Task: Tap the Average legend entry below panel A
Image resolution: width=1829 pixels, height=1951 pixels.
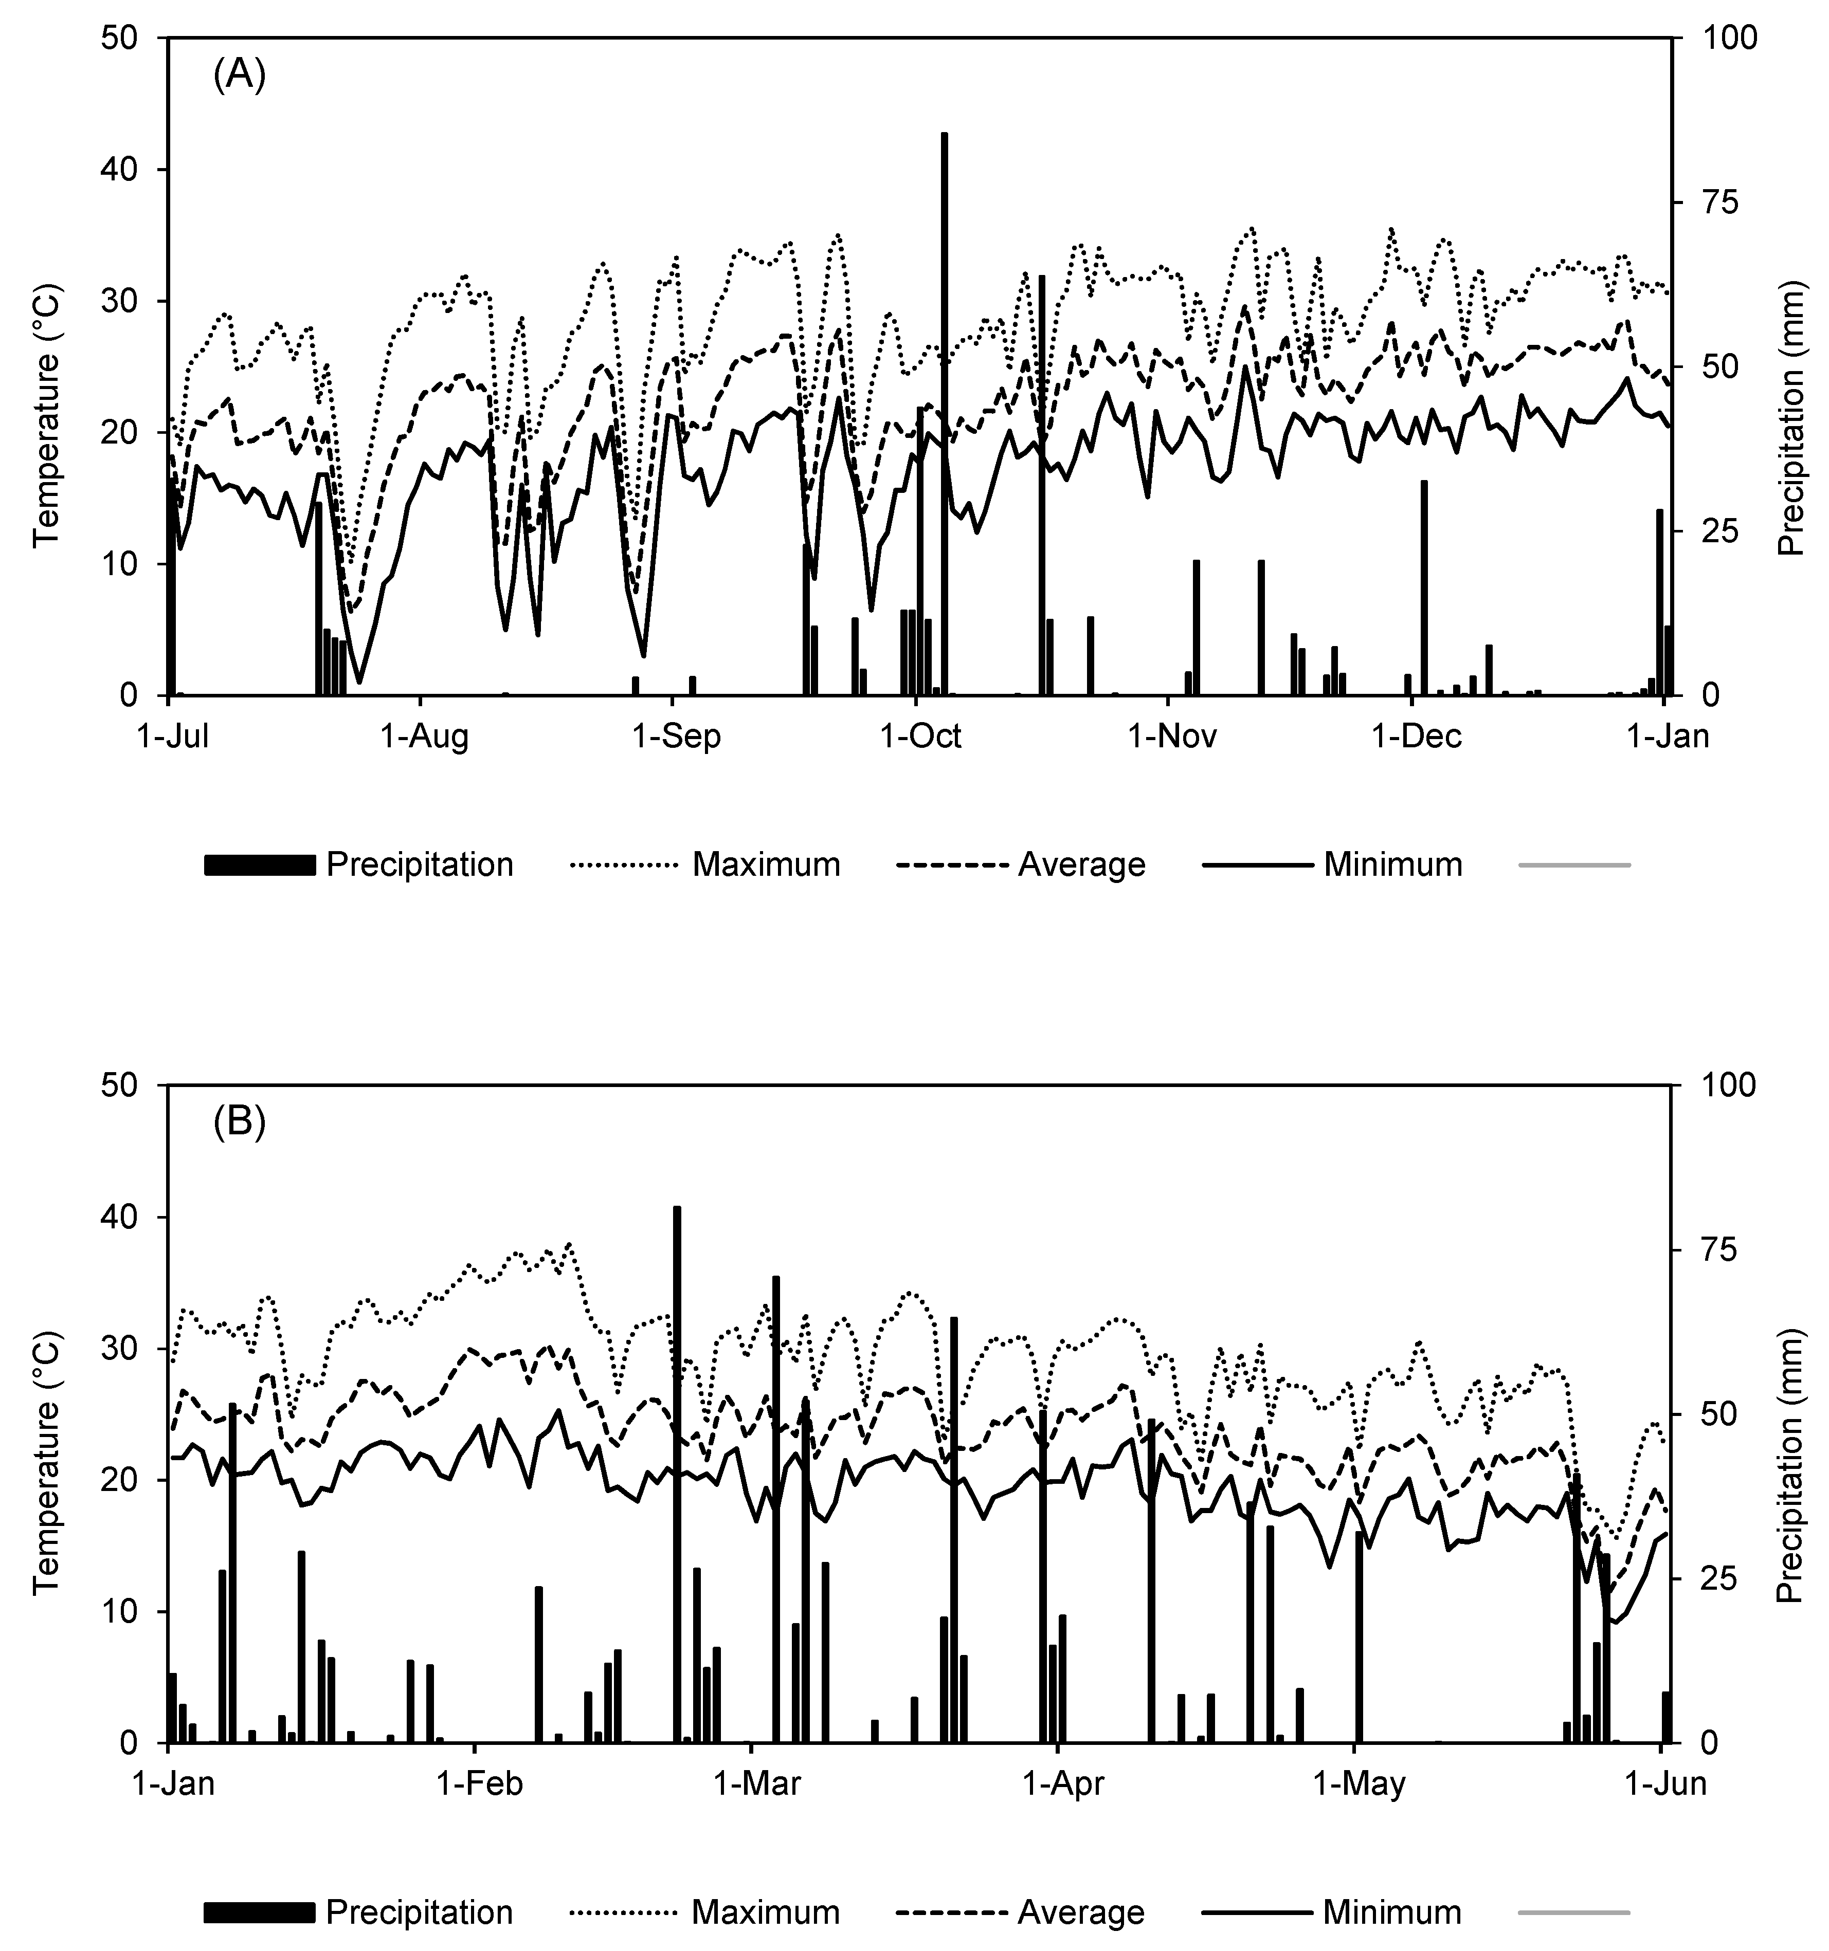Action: pos(1081,864)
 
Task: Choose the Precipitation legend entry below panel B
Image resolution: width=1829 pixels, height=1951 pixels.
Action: pos(419,1912)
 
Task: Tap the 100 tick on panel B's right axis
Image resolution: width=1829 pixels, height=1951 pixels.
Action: pos(1713,1085)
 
